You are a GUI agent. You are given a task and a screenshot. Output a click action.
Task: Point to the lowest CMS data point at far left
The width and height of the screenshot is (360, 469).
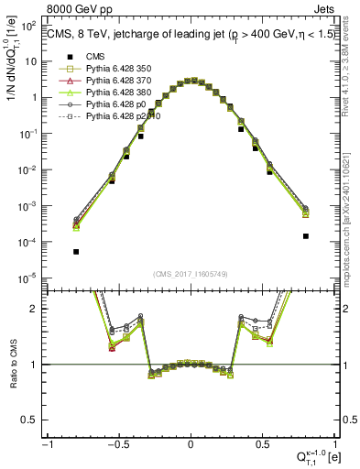[76, 251]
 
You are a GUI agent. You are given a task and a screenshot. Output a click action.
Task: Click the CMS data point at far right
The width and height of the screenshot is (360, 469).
[305, 235]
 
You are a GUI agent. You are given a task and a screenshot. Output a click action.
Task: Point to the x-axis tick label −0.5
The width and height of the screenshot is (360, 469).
[118, 444]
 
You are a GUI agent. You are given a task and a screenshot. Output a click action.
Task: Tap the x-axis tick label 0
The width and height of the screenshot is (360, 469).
[191, 444]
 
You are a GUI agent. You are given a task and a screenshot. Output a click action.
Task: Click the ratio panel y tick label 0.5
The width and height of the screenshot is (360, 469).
[31, 420]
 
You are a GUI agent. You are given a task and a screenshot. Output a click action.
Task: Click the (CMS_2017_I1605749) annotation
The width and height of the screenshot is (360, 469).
[191, 274]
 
